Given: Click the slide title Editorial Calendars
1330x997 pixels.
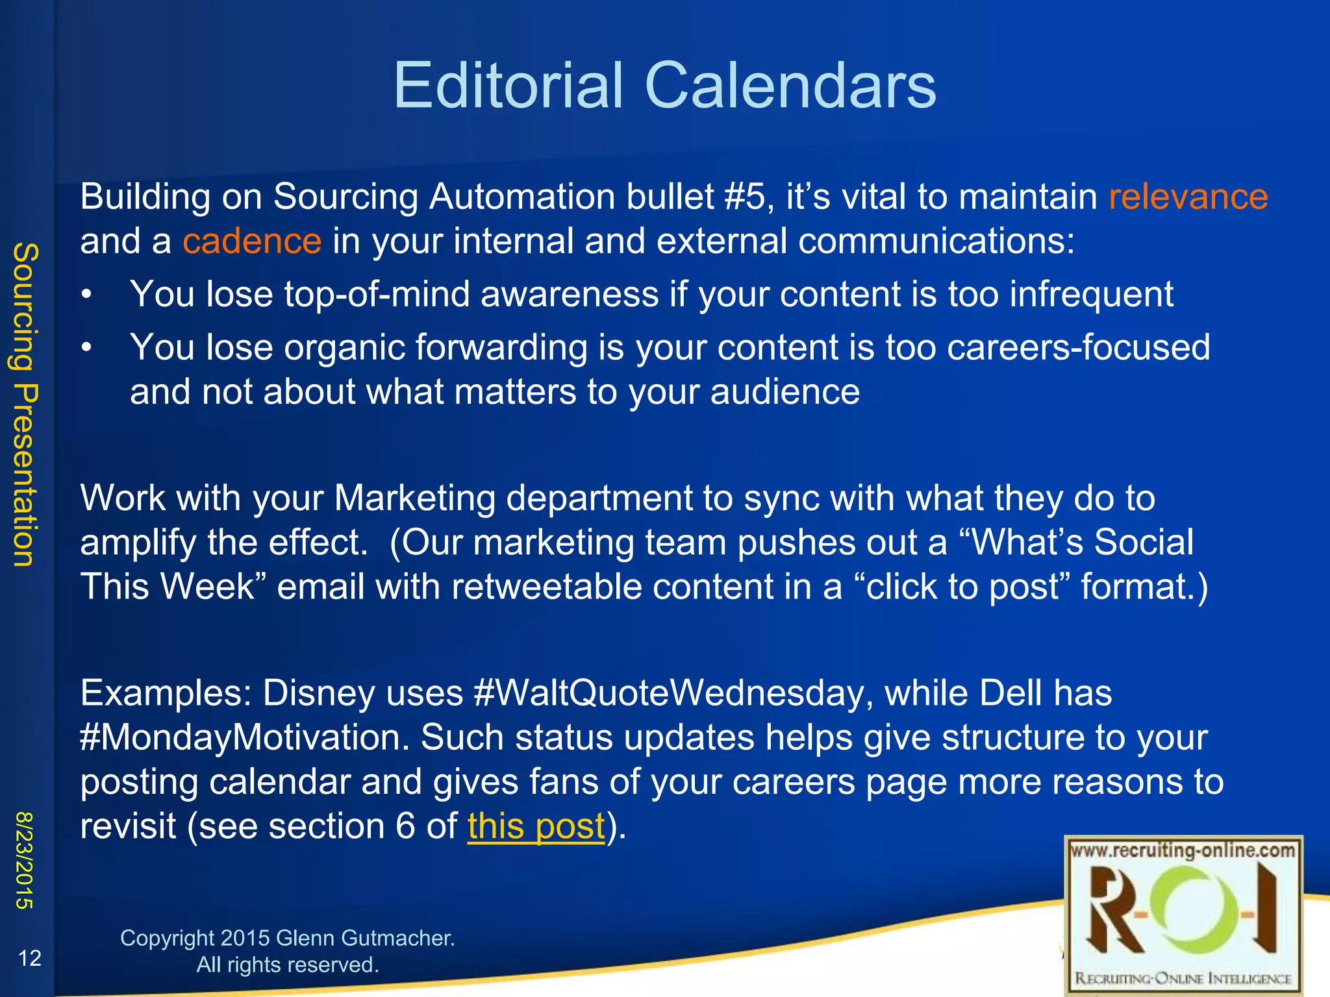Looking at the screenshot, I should tap(664, 86).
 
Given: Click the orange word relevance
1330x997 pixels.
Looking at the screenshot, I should tap(1188, 197).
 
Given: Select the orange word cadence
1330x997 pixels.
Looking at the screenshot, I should tap(252, 241).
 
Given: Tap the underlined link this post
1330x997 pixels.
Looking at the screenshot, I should tap(536, 826).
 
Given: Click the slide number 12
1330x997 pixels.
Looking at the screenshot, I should tap(30, 958).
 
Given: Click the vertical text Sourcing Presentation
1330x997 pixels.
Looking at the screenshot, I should tap(26, 404).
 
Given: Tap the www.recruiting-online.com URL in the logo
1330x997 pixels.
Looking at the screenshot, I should tap(1183, 850).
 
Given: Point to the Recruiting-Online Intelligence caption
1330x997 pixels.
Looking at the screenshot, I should tap(1183, 978).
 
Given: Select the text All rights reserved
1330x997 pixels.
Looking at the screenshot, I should tap(287, 965).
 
